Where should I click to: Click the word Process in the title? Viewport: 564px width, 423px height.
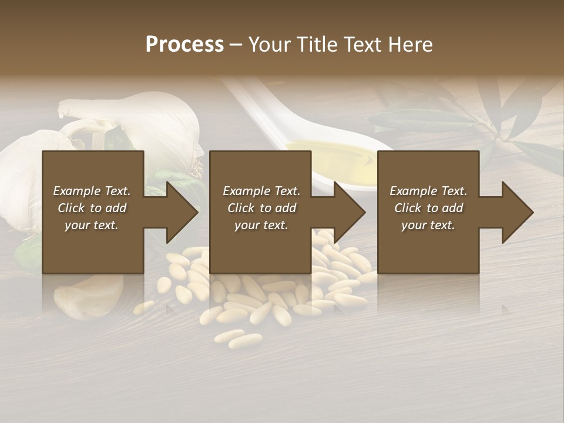[184, 45]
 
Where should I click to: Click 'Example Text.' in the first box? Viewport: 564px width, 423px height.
[92, 191]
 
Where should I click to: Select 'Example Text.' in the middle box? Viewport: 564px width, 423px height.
[261, 191]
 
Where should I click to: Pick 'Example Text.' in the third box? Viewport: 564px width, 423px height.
[428, 191]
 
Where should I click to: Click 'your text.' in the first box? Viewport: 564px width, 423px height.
[92, 225]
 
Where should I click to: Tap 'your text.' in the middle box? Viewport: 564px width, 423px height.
[261, 225]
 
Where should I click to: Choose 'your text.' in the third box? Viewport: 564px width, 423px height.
[428, 225]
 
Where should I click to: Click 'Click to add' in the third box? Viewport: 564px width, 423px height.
[428, 208]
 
